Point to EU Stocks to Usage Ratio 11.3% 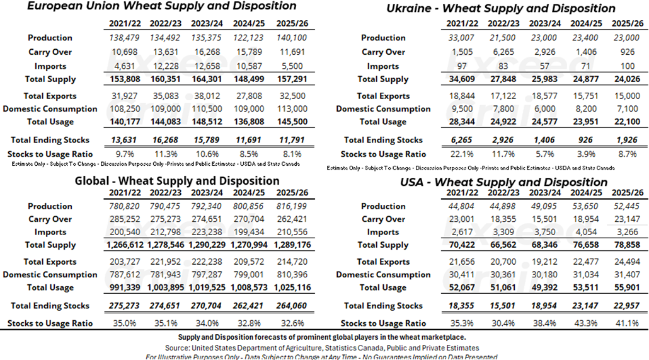click(x=167, y=154)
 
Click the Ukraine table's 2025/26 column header click(x=628, y=23)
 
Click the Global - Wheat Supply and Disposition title click(x=177, y=181)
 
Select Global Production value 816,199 click(x=290, y=206)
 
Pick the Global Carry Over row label click(x=50, y=219)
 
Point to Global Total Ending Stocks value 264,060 click(x=290, y=306)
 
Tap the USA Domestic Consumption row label click(x=383, y=275)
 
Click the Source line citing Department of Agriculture click(x=322, y=348)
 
